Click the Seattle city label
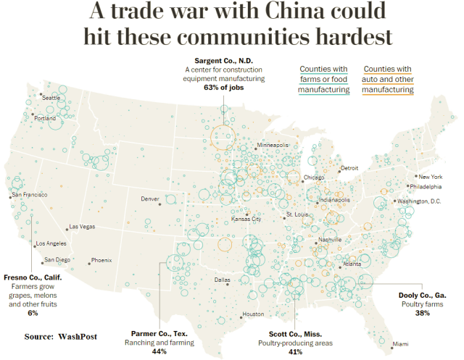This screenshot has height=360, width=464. pos(51,97)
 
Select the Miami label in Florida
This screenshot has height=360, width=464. pos(400,343)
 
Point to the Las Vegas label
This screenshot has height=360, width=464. pos(81,227)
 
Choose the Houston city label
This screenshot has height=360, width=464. pos(253,314)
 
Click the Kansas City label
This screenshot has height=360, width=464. pos(246,219)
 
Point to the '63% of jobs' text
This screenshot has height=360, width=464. pos(224,87)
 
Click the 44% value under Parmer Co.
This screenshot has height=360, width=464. pos(159,351)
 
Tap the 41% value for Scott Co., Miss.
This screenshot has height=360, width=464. pos(295,351)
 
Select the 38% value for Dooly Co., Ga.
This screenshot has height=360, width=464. pos(423,313)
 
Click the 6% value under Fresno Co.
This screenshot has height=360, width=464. pos(32,313)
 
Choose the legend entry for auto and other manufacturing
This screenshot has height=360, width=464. pos(388,80)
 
